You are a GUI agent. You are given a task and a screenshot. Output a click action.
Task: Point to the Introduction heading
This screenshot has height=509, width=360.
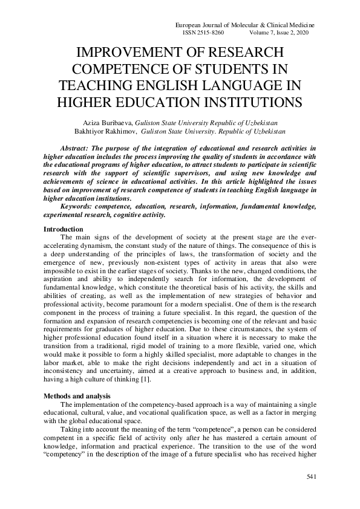point(64,229)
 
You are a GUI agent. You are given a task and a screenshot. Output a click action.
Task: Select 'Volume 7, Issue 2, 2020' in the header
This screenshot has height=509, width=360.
point(277,33)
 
